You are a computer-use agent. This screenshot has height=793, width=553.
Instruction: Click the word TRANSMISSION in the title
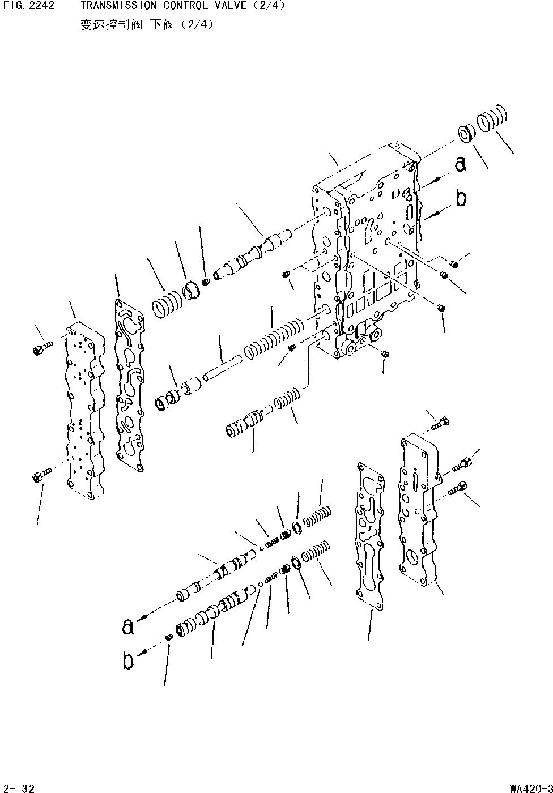111,6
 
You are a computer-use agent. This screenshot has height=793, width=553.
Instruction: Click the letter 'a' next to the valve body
461,165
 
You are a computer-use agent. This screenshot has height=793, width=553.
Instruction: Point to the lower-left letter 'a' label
128,626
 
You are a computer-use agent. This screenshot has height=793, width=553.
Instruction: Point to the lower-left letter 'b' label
129,660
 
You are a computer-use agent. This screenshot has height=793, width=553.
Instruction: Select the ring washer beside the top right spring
466,135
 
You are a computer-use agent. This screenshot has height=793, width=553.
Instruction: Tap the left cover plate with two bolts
85,411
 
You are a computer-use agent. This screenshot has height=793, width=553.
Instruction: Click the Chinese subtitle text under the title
147,25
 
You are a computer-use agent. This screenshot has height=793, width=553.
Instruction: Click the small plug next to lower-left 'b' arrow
169,638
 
